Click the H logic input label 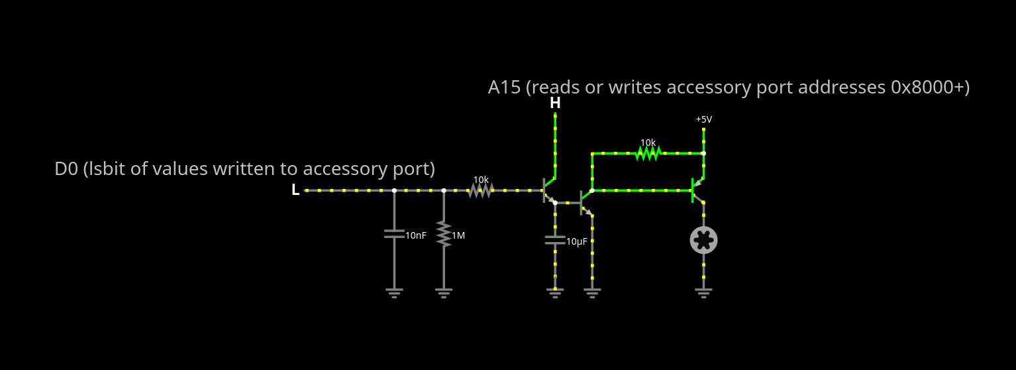[x=555, y=103]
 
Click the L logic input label [x=295, y=190]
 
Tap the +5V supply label [x=703, y=119]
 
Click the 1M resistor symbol [x=444, y=234]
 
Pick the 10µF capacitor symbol [x=555, y=240]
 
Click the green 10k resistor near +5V [x=648, y=153]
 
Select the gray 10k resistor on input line [x=481, y=190]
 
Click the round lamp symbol [x=703, y=240]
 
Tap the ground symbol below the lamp [x=703, y=292]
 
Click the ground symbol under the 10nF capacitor [x=394, y=292]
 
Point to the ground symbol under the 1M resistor [x=444, y=292]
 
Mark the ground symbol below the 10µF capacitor [x=555, y=292]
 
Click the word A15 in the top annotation [x=504, y=88]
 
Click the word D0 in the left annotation [x=66, y=169]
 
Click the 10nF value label [x=416, y=235]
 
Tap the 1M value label [x=458, y=235]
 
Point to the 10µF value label [x=577, y=242]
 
